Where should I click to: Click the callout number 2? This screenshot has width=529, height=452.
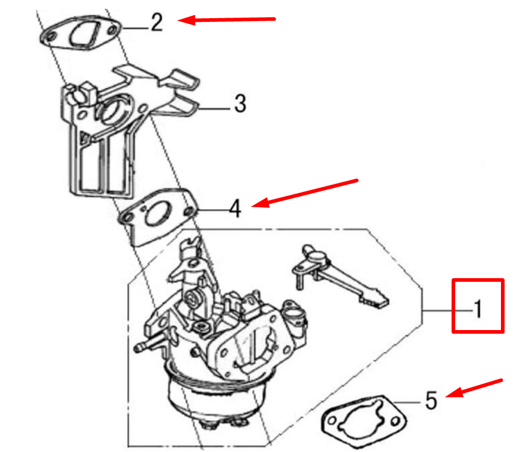coord(156,23)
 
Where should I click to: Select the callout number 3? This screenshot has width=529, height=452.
coord(240,103)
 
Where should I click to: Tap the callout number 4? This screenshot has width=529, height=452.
coord(235,209)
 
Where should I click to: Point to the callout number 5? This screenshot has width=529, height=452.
coord(431,400)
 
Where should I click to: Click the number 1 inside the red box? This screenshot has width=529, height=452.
coord(478,309)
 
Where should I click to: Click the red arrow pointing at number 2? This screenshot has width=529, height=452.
coord(227,20)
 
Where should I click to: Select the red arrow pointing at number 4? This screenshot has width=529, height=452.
coord(305,193)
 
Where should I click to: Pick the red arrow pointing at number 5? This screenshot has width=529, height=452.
coord(474,388)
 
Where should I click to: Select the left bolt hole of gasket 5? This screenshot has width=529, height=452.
coord(332,420)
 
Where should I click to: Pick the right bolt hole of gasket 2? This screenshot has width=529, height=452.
coord(112,31)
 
